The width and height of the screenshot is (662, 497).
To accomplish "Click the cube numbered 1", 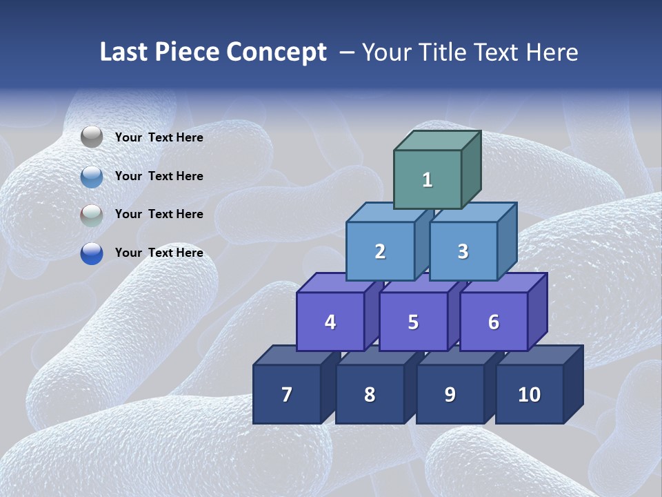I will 428,180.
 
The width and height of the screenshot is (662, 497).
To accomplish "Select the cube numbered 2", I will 380,251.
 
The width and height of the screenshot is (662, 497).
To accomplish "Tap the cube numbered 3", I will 463,251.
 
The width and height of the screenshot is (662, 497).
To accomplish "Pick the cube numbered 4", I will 330,322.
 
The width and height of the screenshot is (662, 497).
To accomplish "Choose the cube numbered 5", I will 413,322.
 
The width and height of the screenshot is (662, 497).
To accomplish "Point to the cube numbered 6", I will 494,322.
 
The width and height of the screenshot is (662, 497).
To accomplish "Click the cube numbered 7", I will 287,394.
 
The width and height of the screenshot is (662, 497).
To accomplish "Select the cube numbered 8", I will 370,394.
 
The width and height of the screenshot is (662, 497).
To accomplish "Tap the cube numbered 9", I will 450,394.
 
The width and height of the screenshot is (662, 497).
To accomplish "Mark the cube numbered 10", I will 530,394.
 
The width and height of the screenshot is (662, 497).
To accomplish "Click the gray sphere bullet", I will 92,137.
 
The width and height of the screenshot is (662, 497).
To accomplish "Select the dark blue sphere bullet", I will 92,253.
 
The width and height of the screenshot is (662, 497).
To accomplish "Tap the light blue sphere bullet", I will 92,176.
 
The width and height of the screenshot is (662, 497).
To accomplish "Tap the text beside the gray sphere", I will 159,137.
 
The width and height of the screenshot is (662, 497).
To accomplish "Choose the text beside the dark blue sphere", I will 159,253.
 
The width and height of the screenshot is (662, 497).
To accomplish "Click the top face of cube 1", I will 437,141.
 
